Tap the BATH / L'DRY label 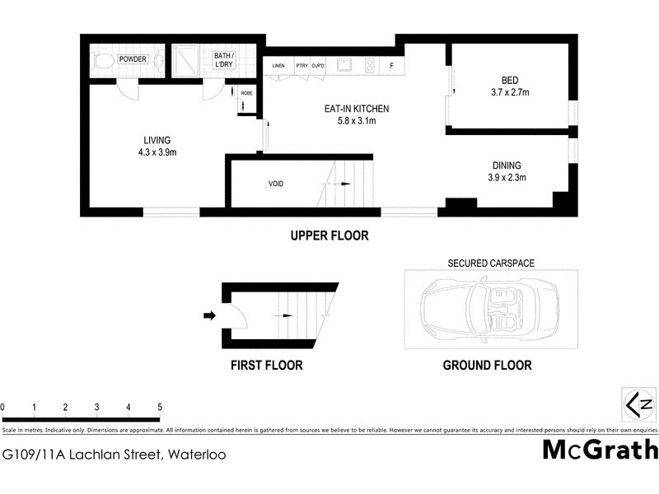[x=223, y=59]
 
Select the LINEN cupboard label [x=278, y=65]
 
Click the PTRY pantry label [x=301, y=65]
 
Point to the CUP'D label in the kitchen [x=318, y=65]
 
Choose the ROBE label [x=246, y=93]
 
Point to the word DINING [x=507, y=165]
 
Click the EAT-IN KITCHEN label [x=355, y=109]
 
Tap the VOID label [x=276, y=184]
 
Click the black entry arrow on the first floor [x=209, y=315]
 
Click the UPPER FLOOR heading [x=329, y=235]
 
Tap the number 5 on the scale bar [x=159, y=408]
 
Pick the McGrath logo [x=600, y=450]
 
